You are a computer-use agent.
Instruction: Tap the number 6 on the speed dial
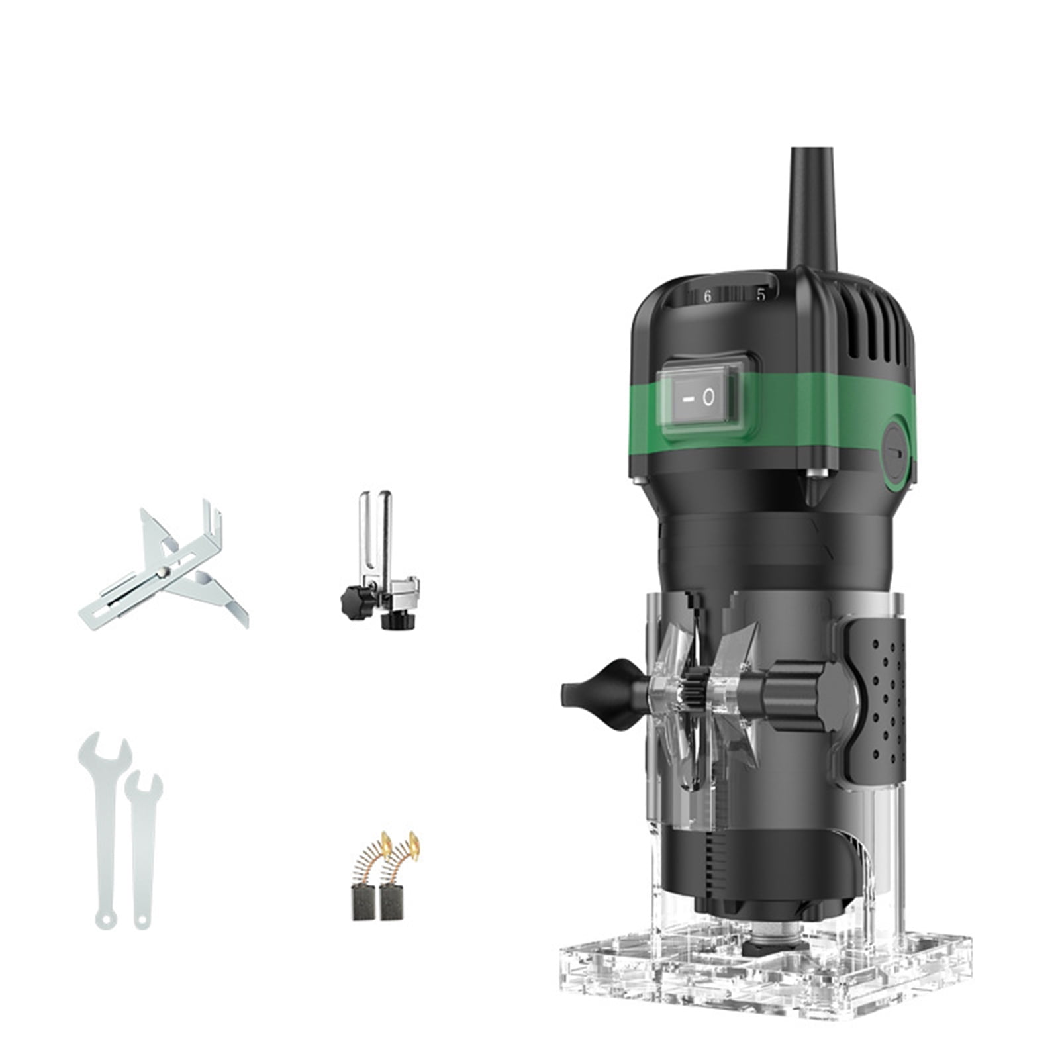(707, 297)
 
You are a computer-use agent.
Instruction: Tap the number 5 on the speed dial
(761, 295)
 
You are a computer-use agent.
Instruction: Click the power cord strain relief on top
(812, 212)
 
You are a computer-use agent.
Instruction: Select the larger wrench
(105, 828)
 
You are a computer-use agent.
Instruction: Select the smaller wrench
(142, 847)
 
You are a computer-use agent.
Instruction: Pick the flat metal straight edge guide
(162, 569)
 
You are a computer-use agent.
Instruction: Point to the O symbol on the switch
(708, 397)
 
